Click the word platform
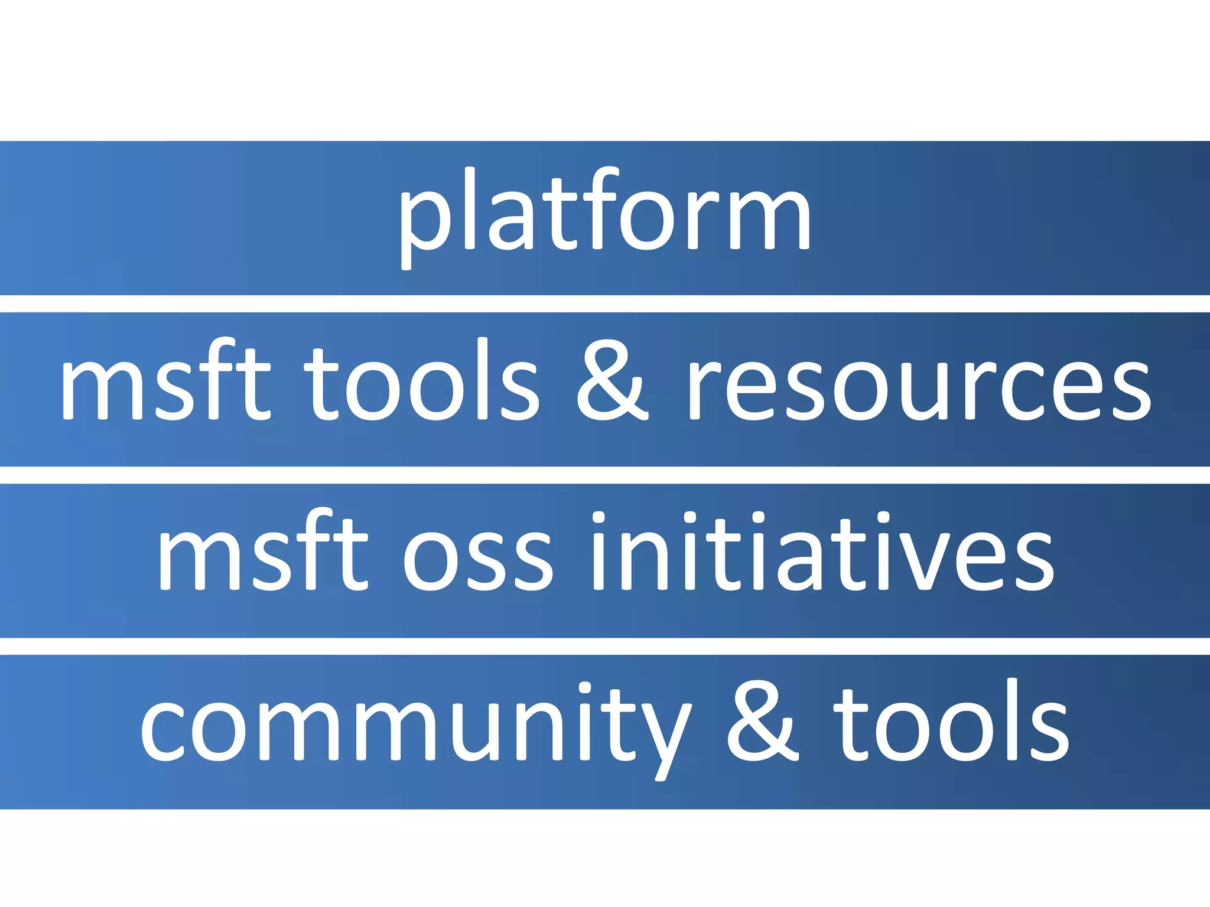tap(604, 216)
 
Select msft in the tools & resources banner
tap(165, 381)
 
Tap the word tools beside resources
tap(421, 381)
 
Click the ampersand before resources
tap(612, 381)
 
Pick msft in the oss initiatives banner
tap(262, 552)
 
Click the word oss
tap(477, 558)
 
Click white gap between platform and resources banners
tap(605, 304)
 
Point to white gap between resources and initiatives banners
tap(605, 475)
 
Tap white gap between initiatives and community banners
tap(605, 646)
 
